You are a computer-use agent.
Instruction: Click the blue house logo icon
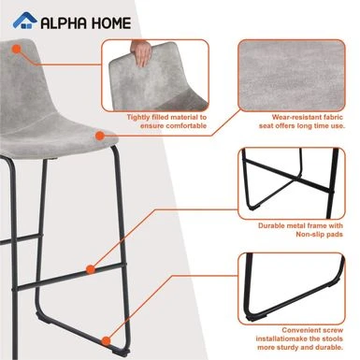pyautogui.click(x=24, y=21)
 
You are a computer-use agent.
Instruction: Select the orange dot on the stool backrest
pyautogui.click(x=17, y=50)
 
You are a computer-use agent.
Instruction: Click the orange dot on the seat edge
pyautogui.click(x=99, y=136)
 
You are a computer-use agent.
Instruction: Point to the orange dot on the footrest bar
pyautogui.click(x=91, y=269)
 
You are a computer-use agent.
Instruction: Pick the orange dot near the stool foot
pyautogui.click(x=107, y=340)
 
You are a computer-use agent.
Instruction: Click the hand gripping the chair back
pyautogui.click(x=141, y=52)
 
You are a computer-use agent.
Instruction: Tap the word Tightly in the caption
pyautogui.click(x=138, y=117)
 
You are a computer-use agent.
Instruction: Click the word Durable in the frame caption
pyautogui.click(x=271, y=225)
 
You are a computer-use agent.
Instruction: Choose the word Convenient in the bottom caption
pyautogui.click(x=301, y=330)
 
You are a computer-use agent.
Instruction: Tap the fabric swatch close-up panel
pyautogui.click(x=292, y=75)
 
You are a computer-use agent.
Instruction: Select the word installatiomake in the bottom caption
pyautogui.click(x=282, y=338)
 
